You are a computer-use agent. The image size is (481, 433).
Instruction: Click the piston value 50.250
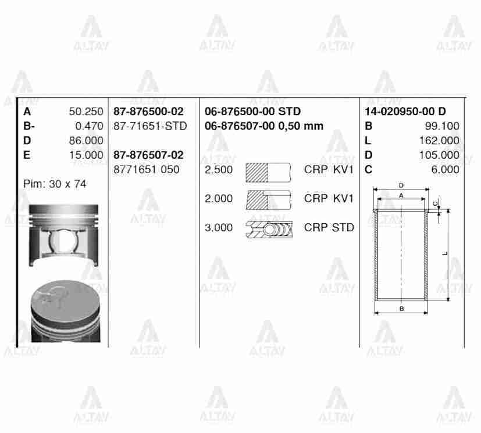coord(85,112)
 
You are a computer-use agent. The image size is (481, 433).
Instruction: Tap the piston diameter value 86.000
coord(85,141)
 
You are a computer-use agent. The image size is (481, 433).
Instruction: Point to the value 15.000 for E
coord(85,155)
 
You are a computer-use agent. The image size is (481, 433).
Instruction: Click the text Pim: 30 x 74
coord(55,184)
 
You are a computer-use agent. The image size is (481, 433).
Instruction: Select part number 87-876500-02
coord(148,112)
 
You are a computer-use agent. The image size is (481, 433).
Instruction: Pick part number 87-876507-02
coord(148,155)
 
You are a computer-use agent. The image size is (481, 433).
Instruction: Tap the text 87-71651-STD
coord(150,126)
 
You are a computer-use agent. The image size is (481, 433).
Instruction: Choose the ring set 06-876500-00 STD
coord(253,112)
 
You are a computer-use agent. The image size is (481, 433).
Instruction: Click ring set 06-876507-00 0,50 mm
coord(264,126)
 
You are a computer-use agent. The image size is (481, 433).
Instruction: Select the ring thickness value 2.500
coord(219,170)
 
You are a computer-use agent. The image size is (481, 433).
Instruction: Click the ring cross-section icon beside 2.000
coord(268,199)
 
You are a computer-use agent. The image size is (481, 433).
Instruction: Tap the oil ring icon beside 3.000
coord(269,228)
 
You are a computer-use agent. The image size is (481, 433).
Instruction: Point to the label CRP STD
coord(329,228)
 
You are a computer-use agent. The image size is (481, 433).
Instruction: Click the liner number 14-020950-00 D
coord(405,112)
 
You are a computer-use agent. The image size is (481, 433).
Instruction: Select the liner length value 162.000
coord(439,141)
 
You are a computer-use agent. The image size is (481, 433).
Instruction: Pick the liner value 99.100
coord(442,126)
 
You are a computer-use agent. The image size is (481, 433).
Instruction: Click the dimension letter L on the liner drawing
coord(444,253)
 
